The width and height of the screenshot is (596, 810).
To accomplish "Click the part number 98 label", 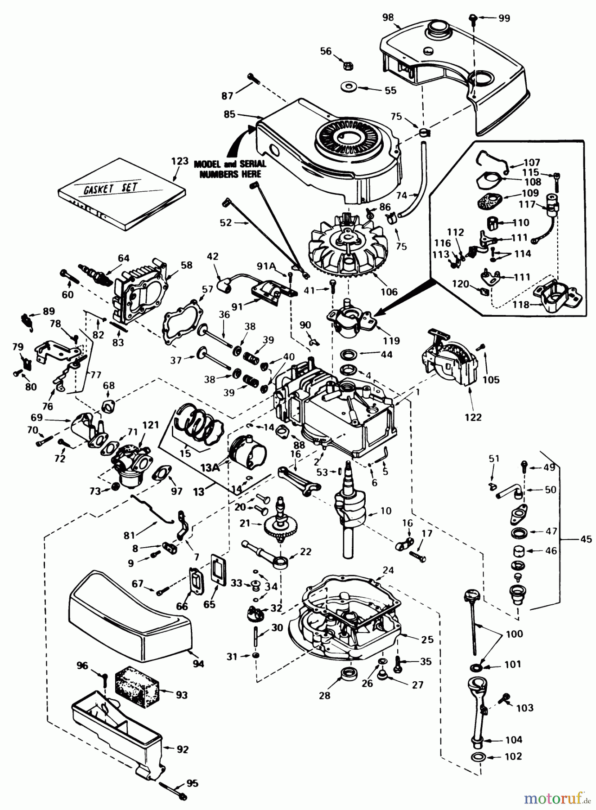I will click(x=388, y=18).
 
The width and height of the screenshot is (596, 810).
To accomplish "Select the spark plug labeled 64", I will click(x=95, y=274).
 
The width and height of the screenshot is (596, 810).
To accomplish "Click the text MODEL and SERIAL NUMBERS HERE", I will click(x=230, y=169).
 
